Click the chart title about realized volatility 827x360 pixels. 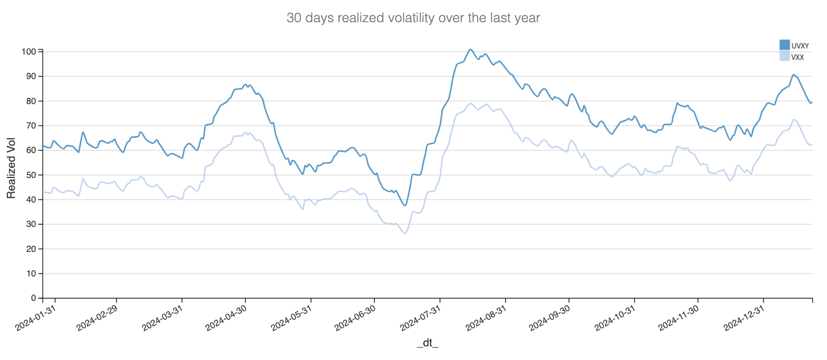[x=413, y=18]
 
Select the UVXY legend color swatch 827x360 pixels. [x=785, y=45]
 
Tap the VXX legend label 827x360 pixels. [x=797, y=57]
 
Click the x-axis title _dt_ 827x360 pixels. [x=428, y=343]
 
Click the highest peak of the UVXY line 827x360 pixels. [x=470, y=49]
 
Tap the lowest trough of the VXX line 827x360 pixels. [x=405, y=233]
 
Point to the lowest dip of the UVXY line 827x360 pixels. [x=405, y=205]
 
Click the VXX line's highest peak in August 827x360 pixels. [x=471, y=103]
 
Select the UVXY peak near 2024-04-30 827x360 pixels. [x=245, y=84]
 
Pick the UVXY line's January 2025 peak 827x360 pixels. [x=793, y=75]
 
